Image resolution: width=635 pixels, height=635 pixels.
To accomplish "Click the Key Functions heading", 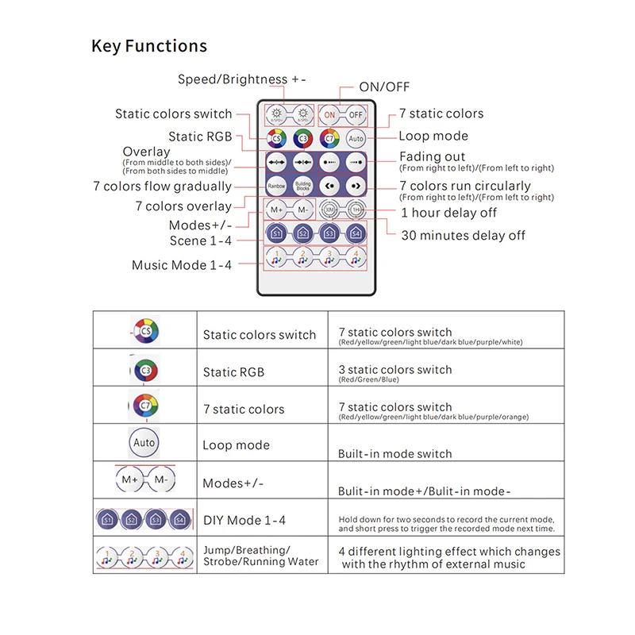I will click(x=149, y=46).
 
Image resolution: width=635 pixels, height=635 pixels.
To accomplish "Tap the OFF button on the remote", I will click(x=356, y=114).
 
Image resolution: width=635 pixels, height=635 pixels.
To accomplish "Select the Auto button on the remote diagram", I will click(x=356, y=138).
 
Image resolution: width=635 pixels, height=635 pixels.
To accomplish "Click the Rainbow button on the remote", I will click(x=276, y=186).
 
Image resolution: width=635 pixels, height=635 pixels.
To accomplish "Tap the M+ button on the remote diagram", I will click(x=277, y=210).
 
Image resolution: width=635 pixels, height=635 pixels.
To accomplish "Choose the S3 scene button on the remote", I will click(x=329, y=233).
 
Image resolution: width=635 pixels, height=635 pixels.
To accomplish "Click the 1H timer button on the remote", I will click(x=356, y=210).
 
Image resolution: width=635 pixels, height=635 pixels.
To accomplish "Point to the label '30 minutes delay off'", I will click(x=463, y=235).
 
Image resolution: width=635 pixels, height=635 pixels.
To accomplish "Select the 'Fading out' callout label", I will click(x=432, y=156).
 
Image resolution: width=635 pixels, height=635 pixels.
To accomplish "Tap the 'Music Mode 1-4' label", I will click(x=182, y=265).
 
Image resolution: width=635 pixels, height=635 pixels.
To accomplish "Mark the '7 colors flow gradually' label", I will click(x=162, y=187).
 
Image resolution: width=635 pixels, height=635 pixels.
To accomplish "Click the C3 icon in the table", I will click(x=144, y=370).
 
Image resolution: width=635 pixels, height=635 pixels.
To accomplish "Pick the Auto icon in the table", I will click(x=144, y=442).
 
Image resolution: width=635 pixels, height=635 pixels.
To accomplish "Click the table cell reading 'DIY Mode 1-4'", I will click(x=244, y=521).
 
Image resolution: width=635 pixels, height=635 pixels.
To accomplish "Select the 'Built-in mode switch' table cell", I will click(x=394, y=454).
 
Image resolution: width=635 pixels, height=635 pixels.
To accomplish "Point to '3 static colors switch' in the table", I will click(x=394, y=370).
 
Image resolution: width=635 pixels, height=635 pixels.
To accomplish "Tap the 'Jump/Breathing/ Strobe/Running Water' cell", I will click(x=260, y=556).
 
